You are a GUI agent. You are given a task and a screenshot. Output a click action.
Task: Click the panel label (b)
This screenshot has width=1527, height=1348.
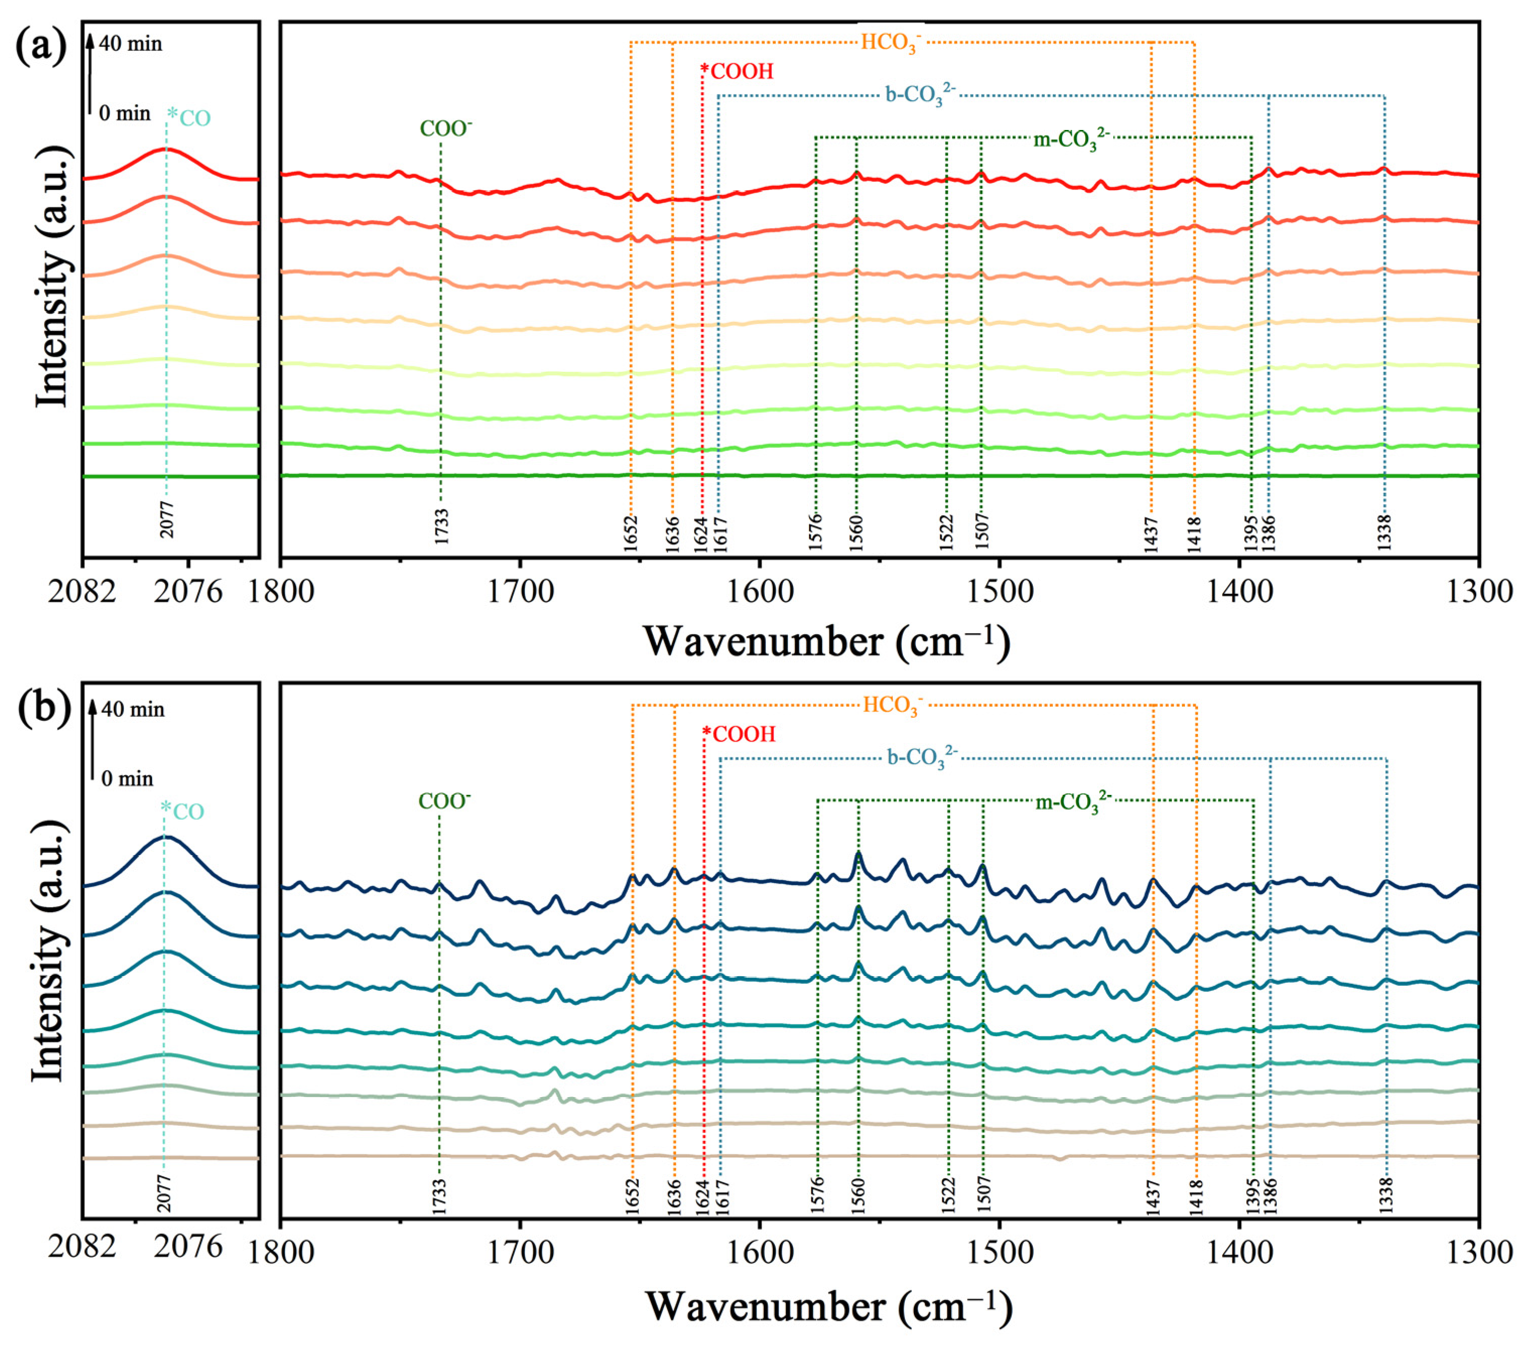pyautogui.click(x=43, y=706)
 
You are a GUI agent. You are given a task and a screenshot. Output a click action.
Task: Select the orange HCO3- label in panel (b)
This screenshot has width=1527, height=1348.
pyautogui.click(x=893, y=706)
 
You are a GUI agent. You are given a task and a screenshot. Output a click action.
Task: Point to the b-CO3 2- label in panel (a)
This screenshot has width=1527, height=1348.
pyautogui.click(x=919, y=96)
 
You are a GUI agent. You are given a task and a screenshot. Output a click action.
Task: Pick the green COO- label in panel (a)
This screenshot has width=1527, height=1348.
pyautogui.click(x=446, y=128)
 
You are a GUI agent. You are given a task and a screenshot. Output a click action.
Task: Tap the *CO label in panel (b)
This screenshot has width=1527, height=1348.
pyautogui.click(x=183, y=811)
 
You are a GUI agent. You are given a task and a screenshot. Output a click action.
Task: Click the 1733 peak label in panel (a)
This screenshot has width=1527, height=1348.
pyautogui.click(x=441, y=526)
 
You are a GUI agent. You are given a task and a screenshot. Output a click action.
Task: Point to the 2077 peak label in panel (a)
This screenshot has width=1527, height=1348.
pyautogui.click(x=167, y=519)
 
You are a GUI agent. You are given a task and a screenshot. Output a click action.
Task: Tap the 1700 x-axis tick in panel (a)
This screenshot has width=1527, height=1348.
pyautogui.click(x=521, y=591)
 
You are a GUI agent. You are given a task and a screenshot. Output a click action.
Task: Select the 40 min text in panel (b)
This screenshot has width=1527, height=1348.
pyautogui.click(x=133, y=709)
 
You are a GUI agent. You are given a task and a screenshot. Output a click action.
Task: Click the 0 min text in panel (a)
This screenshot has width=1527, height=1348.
pyautogui.click(x=125, y=113)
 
